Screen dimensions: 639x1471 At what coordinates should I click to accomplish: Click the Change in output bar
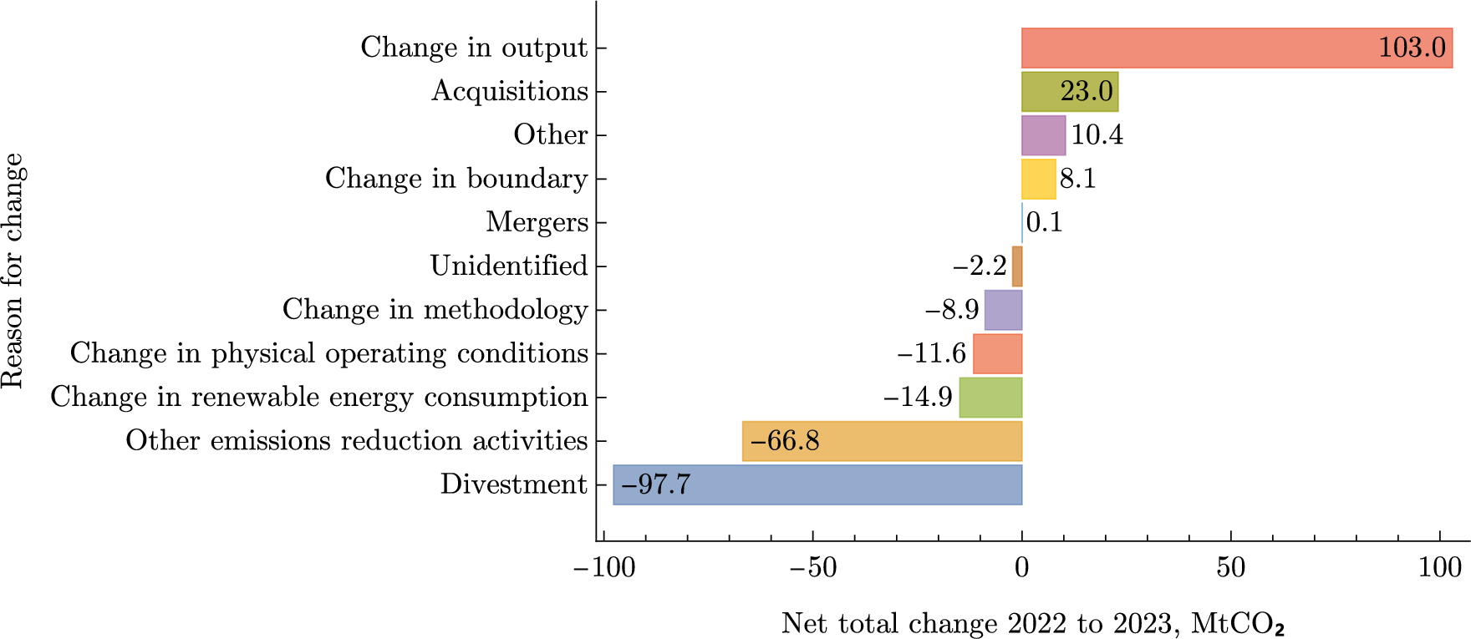click(1195, 48)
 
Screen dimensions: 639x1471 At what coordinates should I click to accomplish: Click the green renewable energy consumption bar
click(990, 398)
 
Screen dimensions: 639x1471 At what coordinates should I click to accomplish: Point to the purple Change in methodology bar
click(1003, 310)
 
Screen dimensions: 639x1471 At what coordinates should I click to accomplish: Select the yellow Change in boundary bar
click(1038, 179)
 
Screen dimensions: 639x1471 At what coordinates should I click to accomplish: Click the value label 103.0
click(1412, 48)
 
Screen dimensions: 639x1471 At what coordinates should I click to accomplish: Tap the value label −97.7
click(655, 484)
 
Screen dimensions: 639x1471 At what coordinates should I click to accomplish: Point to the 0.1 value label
click(1044, 222)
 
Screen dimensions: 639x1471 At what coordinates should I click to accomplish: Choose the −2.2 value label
click(980, 266)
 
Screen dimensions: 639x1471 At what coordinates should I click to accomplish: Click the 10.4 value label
click(1097, 134)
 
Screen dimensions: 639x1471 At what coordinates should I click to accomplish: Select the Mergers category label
click(537, 222)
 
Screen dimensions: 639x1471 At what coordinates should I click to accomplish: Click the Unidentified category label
click(509, 266)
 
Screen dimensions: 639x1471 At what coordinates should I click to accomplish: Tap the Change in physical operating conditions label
click(329, 353)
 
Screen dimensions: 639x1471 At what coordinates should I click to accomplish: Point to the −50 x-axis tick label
click(812, 569)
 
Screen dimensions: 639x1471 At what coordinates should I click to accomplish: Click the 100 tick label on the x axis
click(1440, 569)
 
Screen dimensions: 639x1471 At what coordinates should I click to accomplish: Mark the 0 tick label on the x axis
click(1021, 569)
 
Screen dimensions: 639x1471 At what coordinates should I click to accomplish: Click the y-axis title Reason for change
click(14, 271)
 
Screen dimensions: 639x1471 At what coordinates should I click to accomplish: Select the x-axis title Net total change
click(1033, 623)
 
